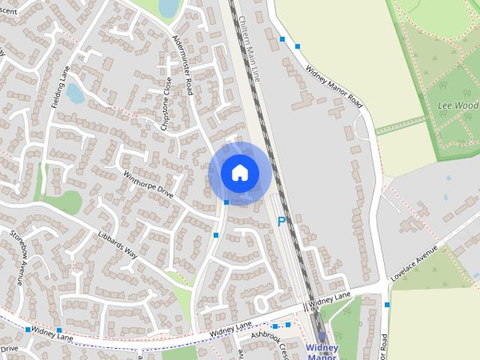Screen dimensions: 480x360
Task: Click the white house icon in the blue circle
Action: (x=239, y=173)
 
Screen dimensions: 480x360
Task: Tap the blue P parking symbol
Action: (x=282, y=221)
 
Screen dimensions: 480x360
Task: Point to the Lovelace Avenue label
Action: (x=413, y=264)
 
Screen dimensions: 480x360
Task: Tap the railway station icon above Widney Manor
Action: (x=322, y=337)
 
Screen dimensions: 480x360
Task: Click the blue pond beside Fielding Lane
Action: (x=75, y=93)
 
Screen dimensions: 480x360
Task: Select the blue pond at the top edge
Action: (x=168, y=7)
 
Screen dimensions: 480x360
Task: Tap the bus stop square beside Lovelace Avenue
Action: (x=387, y=304)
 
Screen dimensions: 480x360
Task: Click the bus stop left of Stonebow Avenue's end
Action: (x=28, y=329)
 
